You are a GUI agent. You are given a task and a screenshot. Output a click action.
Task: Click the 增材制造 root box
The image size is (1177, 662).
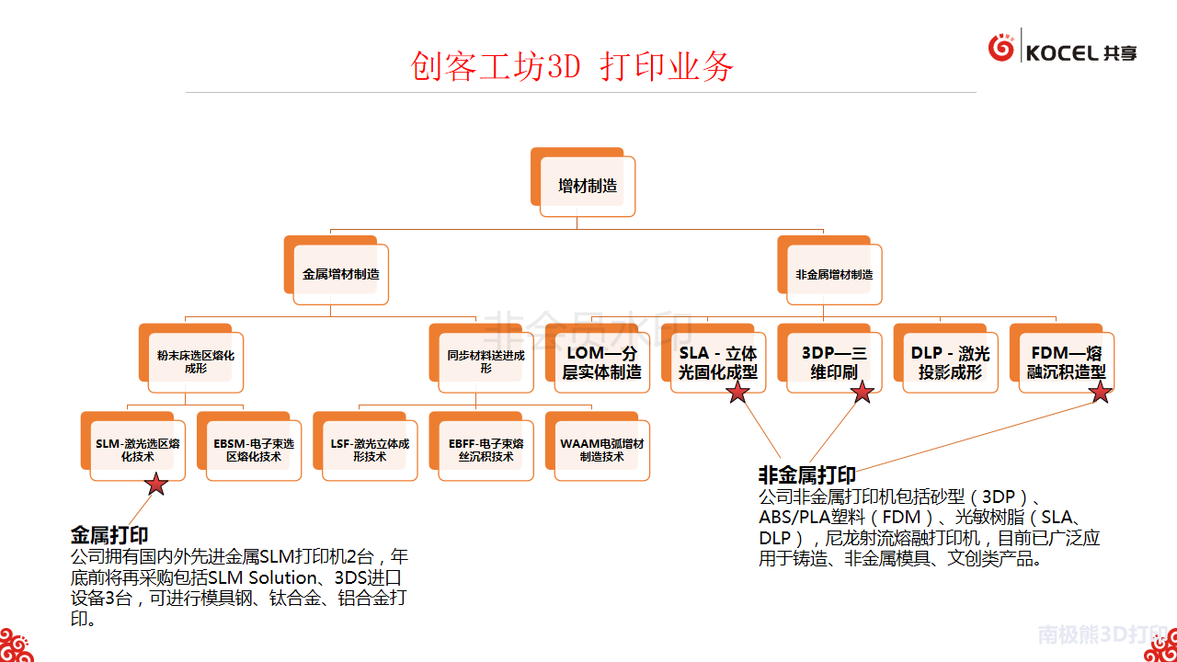click(x=587, y=186)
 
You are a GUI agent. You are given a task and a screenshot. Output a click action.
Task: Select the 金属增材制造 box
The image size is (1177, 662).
click(x=340, y=274)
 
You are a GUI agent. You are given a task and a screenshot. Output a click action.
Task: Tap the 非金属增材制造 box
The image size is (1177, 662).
click(x=834, y=274)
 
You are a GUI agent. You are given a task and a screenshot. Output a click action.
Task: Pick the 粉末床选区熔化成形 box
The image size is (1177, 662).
click(x=195, y=361)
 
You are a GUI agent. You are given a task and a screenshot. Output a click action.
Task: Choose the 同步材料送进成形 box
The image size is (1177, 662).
click(x=486, y=361)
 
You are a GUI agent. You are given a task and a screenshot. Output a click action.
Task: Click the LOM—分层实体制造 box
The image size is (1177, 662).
click(x=601, y=362)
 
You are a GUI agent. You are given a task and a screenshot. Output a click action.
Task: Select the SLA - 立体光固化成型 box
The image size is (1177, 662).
click(x=717, y=362)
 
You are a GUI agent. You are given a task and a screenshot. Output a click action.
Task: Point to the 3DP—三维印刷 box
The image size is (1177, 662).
click(x=834, y=362)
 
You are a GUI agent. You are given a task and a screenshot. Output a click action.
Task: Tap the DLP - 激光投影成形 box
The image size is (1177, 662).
click(x=950, y=362)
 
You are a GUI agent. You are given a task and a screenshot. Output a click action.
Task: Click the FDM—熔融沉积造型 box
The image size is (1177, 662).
click(x=1066, y=362)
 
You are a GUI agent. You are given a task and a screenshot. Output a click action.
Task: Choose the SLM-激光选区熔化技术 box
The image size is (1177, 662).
click(x=137, y=450)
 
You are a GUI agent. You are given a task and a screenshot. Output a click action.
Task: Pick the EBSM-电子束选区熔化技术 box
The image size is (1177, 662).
click(x=254, y=450)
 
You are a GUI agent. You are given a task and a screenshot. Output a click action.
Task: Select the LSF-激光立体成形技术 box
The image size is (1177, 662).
click(x=370, y=450)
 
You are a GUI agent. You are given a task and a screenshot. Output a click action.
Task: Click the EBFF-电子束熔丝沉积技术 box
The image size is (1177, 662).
click(x=486, y=450)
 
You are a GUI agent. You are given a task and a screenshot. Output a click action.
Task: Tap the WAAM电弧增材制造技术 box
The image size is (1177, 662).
click(x=602, y=450)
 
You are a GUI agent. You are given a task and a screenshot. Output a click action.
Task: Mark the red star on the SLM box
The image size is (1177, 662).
click(x=156, y=484)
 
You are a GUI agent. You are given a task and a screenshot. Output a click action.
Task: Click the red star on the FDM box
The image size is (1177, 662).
click(x=1100, y=393)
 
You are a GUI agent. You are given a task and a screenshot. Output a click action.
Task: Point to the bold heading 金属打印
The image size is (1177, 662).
click(x=109, y=535)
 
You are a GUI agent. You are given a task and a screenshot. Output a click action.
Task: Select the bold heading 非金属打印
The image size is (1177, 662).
click(x=806, y=475)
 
